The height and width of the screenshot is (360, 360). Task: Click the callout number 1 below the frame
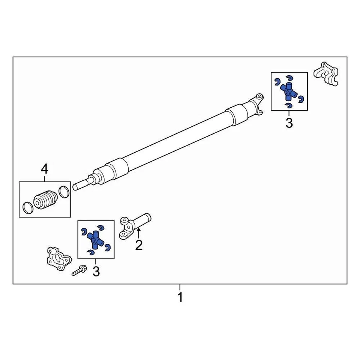(180, 297)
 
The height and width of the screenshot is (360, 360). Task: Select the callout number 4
(44, 169)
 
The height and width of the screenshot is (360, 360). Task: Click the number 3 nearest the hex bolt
(96, 271)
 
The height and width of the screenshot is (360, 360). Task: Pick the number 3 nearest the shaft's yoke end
(289, 123)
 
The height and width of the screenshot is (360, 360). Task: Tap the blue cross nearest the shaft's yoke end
(288, 91)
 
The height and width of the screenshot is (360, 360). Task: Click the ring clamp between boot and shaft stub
(64, 192)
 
